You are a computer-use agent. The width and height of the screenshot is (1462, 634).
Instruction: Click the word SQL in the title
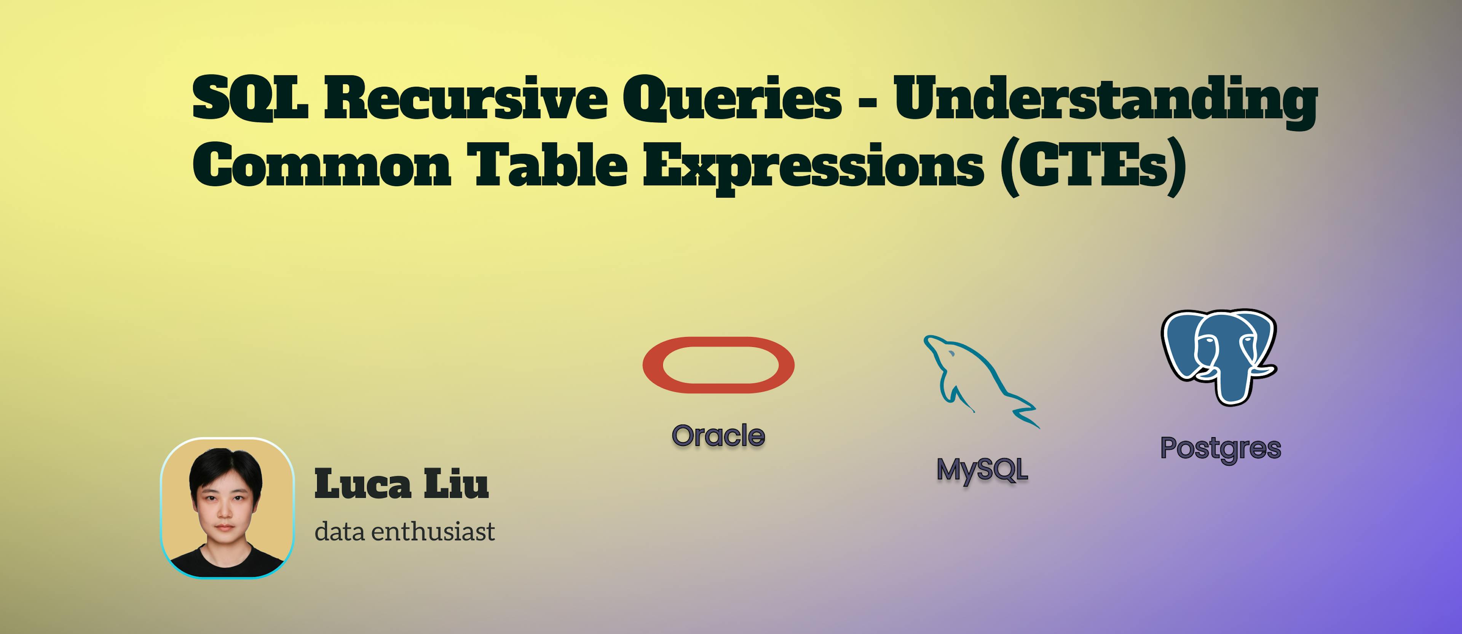[250, 98]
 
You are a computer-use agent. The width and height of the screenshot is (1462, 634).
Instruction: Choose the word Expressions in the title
[813, 168]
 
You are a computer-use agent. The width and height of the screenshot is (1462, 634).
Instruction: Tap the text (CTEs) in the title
[1093, 168]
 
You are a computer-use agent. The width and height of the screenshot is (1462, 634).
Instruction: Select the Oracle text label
[718, 436]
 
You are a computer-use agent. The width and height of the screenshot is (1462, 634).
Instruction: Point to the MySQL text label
[982, 471]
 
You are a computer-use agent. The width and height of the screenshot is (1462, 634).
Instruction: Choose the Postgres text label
[1221, 449]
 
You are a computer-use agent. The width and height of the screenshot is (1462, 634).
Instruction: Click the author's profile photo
[227, 508]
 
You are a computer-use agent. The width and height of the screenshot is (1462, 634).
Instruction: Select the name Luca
[363, 484]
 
